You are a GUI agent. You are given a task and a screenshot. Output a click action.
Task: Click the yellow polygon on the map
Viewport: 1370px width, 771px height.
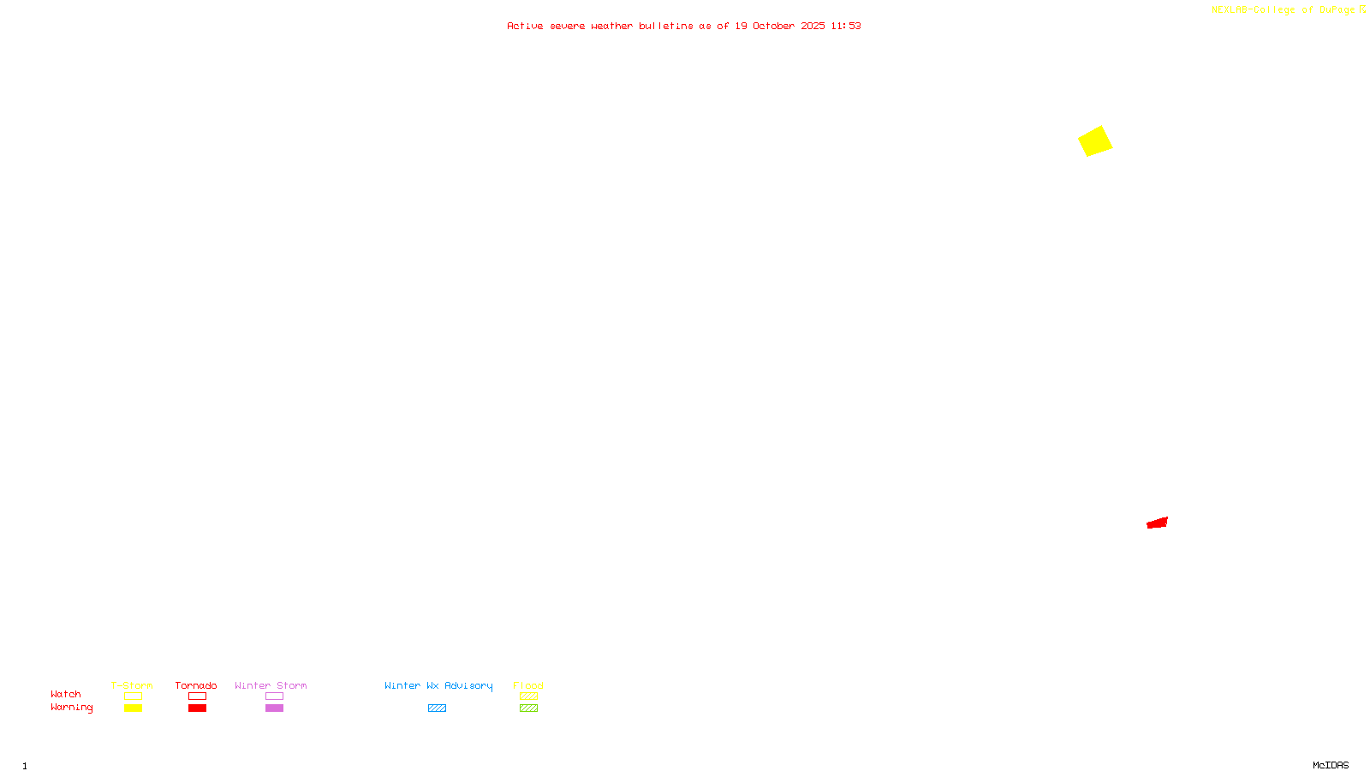pos(1095,141)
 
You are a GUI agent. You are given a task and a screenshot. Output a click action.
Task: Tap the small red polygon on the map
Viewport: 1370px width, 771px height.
pos(1158,523)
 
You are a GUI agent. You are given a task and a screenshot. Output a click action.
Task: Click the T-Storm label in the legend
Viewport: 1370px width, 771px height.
pos(132,685)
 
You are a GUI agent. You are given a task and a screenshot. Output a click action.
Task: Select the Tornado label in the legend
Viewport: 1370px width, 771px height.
pos(196,685)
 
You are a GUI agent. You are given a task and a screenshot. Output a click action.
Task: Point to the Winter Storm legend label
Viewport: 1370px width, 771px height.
pos(271,685)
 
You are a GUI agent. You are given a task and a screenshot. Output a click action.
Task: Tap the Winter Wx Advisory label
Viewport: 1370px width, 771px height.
pos(438,685)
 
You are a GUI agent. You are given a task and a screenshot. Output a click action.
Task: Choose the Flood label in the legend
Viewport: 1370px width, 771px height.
pos(528,685)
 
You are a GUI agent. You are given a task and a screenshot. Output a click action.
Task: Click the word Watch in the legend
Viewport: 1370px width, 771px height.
pos(66,694)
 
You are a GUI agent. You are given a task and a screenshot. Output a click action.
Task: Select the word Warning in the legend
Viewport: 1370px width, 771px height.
pos(72,708)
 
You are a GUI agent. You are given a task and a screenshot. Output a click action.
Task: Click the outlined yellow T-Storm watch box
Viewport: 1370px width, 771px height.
pos(133,696)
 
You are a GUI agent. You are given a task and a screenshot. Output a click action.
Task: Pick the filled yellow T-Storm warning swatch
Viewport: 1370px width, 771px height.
pos(133,708)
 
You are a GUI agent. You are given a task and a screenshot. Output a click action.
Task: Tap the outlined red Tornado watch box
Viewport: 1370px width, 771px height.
pos(197,696)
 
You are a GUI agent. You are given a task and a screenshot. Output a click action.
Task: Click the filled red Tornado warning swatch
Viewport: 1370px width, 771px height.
pos(197,708)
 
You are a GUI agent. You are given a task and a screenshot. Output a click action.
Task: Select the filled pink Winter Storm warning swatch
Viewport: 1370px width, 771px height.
pos(274,708)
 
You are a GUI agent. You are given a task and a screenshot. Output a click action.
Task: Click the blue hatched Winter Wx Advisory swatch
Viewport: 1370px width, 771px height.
pos(437,708)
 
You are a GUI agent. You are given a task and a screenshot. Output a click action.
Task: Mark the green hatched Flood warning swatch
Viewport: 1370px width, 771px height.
pos(528,708)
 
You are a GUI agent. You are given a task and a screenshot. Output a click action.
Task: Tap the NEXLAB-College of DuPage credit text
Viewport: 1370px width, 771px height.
pos(1284,9)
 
